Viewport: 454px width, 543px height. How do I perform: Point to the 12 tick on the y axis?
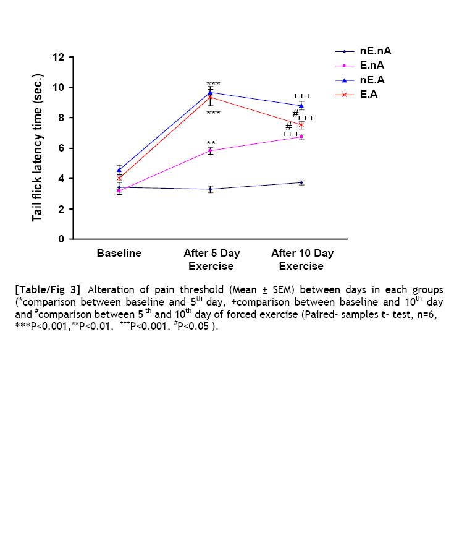59,58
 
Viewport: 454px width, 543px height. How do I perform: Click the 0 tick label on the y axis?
62,239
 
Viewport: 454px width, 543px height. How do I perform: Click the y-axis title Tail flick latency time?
38,148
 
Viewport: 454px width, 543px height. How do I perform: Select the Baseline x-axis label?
119,254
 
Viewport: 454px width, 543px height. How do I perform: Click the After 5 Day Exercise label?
211,260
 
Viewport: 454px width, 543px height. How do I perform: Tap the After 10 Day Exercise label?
301,260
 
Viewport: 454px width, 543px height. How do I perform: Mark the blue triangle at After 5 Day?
211,92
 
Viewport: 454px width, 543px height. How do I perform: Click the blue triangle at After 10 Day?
301,105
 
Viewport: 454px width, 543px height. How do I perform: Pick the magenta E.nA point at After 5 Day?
211,150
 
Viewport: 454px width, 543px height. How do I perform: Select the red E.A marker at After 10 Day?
301,125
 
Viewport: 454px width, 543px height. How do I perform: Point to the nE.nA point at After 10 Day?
301,182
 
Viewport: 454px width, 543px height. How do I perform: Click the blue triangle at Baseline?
119,169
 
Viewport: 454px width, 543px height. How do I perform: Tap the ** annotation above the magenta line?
211,143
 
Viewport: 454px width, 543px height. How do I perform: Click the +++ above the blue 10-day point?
302,96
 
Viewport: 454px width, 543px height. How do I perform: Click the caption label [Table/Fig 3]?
47,290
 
